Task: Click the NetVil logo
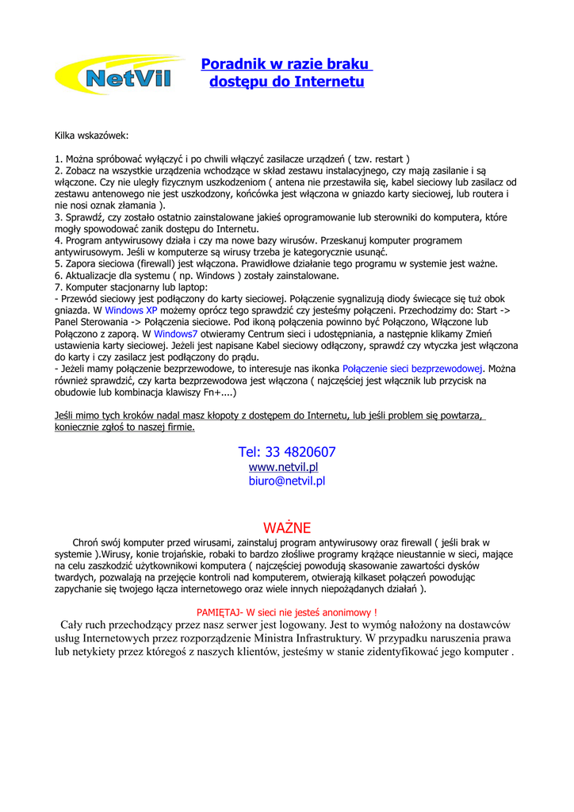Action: click(118, 77)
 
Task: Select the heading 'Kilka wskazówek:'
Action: click(91, 136)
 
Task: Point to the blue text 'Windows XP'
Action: click(131, 311)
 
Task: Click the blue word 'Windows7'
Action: click(175, 334)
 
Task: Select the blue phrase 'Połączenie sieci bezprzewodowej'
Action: click(412, 369)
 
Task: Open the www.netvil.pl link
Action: click(283, 467)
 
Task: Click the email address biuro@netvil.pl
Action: click(287, 481)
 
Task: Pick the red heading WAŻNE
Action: click(287, 528)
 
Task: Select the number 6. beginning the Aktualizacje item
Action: click(59, 275)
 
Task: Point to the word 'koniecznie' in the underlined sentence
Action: click(78, 427)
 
